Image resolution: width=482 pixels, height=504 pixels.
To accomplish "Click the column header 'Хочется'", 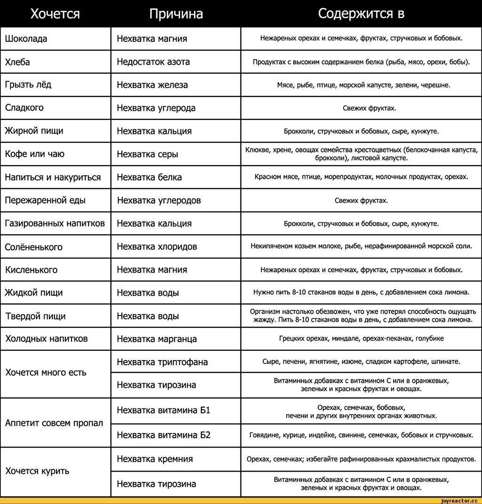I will (55, 14).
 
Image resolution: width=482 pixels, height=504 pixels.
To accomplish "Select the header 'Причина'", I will (176, 14).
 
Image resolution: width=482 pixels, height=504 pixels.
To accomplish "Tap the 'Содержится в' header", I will (361, 14).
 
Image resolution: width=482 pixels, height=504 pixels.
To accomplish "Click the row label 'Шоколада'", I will (26, 39).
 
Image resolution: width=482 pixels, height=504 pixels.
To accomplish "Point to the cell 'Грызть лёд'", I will (28, 85).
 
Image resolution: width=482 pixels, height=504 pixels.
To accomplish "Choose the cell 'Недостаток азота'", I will (153, 62).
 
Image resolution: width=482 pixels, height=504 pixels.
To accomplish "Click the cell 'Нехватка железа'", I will (152, 85).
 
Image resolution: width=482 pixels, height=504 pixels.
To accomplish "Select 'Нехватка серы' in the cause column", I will (147, 154).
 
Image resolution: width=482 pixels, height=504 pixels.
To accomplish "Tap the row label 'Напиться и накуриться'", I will (53, 177).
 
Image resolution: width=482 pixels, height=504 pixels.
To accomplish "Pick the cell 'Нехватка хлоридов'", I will (157, 246).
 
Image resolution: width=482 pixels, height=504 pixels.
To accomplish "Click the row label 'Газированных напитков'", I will (55, 223).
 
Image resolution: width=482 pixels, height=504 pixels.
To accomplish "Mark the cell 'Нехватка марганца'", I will (157, 339).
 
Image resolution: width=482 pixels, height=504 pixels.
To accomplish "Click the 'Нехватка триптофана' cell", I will (162, 362).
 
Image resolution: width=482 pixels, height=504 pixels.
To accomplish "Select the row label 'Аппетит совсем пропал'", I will (54, 423).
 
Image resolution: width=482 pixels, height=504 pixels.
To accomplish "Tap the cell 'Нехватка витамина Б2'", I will (163, 435).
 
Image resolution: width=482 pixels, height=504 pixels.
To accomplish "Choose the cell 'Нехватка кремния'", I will (155, 459).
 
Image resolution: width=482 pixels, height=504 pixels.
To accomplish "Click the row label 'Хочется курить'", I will (37, 471).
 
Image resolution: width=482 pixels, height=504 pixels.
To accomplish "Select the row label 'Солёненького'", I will (33, 247).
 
